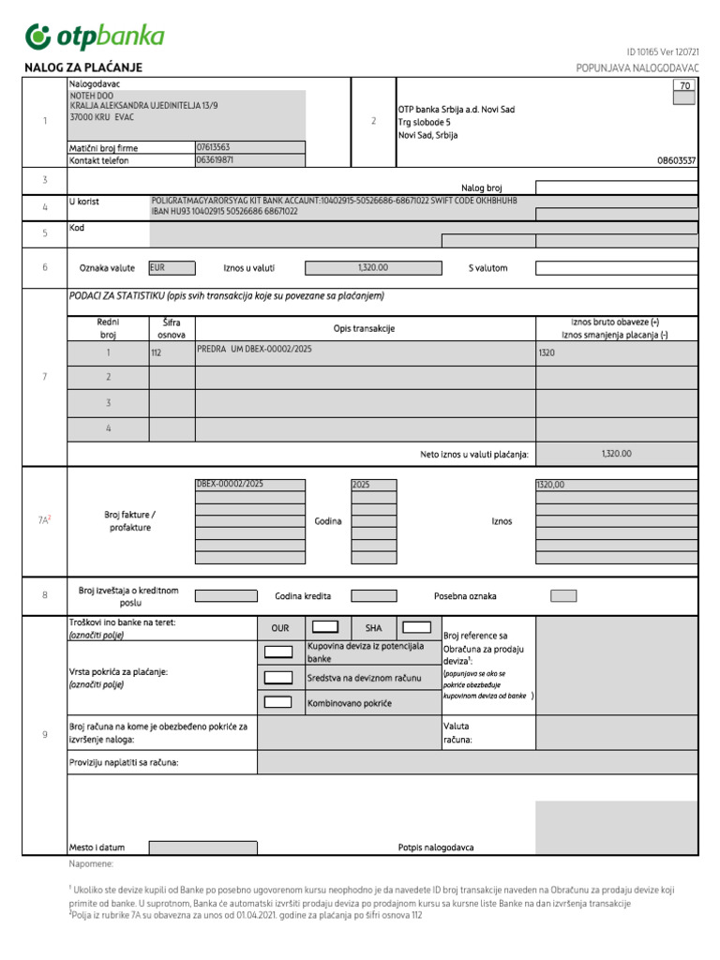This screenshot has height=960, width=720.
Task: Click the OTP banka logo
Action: pos(95,37)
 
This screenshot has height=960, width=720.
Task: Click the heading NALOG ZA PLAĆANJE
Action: pos(82,67)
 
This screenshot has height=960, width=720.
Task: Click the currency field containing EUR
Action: pos(171,267)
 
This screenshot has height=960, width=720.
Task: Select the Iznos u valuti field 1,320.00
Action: pos(372,267)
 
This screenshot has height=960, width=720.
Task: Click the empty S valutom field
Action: pos(616,267)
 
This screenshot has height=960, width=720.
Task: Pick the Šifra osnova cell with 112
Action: pos(172,353)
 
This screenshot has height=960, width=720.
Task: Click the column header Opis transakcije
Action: pos(364,328)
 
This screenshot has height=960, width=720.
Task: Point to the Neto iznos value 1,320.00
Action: pos(616,454)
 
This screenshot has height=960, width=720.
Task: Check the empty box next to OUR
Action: pos(324,627)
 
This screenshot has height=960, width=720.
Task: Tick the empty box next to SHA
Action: pos(416,627)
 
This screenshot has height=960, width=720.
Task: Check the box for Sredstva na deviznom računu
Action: pos(278,677)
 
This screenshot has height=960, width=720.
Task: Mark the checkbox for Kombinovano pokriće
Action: pos(278,701)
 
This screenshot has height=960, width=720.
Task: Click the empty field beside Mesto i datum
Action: pos(202,847)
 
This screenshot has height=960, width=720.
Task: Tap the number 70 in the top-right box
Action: pos(684,85)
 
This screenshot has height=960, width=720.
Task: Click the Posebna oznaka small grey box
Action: pos(563,595)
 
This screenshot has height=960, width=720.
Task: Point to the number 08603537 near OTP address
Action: pos(677,160)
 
